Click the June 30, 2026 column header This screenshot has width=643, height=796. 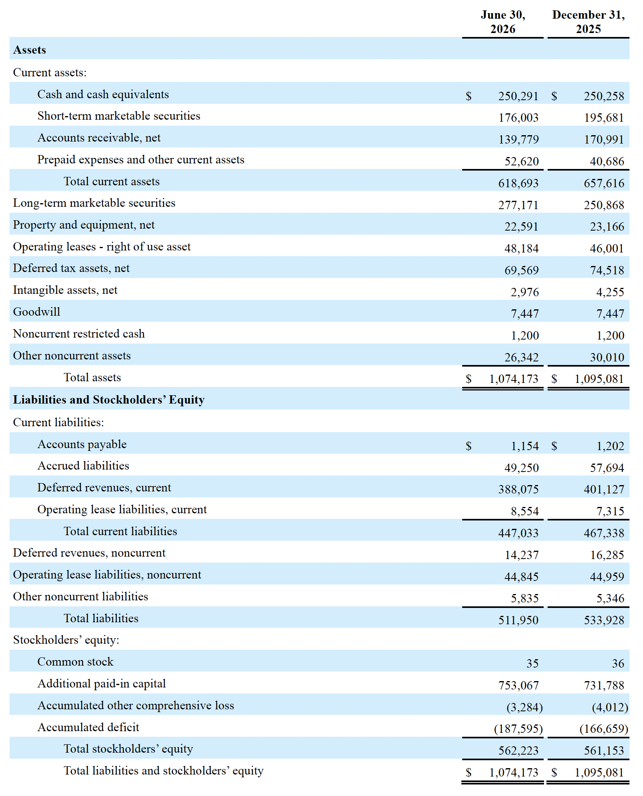coord(503,22)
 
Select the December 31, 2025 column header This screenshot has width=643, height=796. coord(588,22)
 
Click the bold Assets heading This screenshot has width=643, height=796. coord(29,50)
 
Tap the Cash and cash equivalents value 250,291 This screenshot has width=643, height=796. coord(518,96)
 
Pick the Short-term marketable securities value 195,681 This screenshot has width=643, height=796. coord(604,118)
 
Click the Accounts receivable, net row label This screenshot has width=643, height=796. coord(99,138)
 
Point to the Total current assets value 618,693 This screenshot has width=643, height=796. coord(518,183)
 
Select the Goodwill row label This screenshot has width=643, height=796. coord(37,312)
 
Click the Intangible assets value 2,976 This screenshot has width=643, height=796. coord(525,292)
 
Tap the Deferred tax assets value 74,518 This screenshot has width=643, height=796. coord(607,270)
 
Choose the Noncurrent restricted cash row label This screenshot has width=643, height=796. coord(79,334)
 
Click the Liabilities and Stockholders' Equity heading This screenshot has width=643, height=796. coord(108,400)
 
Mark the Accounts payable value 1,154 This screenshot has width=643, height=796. coord(525,446)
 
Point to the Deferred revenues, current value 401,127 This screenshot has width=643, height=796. coord(604,489)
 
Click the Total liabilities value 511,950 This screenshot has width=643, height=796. coord(518,620)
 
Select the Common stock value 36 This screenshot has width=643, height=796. coord(618,663)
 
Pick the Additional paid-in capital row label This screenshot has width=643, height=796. coord(101,683)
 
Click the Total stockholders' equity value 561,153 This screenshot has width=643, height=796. coord(604,750)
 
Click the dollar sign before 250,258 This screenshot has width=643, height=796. coord(554,96)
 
